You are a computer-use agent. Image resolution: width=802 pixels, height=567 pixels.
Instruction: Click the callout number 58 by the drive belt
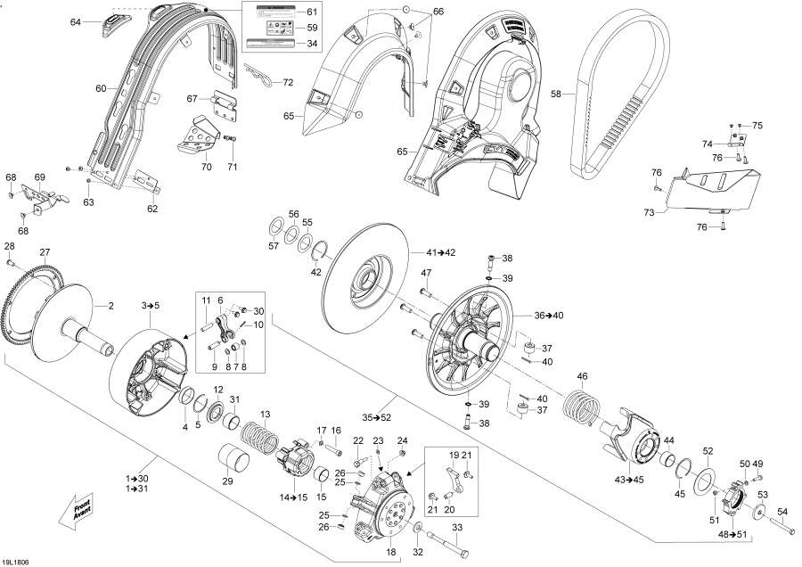[x=556, y=93]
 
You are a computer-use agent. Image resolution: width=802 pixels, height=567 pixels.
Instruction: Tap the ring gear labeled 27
[x=27, y=295]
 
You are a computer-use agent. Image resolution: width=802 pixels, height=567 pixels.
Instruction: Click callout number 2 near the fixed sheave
[x=111, y=307]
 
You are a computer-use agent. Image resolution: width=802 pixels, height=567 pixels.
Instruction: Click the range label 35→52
[x=376, y=417]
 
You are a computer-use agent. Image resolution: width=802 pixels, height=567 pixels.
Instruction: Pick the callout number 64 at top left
[x=76, y=21]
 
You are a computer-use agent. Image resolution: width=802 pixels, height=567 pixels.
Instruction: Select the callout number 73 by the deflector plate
[x=655, y=212]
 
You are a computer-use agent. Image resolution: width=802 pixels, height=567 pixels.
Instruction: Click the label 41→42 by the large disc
[x=439, y=253]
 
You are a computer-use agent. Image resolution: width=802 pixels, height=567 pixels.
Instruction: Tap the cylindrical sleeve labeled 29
[x=238, y=463]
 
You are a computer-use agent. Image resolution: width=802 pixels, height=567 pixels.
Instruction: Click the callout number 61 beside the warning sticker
[x=311, y=12]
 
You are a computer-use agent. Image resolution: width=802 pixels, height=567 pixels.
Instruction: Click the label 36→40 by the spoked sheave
[x=550, y=315]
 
